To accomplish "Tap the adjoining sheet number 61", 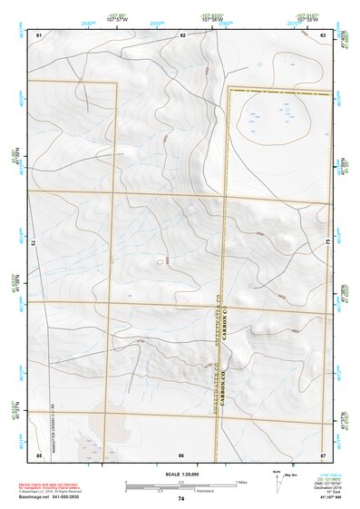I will [x=39, y=34].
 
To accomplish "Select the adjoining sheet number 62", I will [x=182, y=34].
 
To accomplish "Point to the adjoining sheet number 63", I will [x=323, y=34].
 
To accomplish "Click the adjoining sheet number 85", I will [x=39, y=454].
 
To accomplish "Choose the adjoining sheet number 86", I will [x=181, y=454].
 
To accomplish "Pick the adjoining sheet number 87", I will [x=323, y=454].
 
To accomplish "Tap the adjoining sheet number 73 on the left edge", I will [x=32, y=243].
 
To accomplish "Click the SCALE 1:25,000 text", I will [x=180, y=475].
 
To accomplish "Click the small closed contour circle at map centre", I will [x=160, y=261].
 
